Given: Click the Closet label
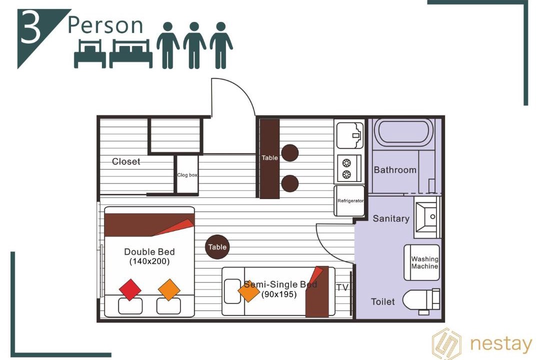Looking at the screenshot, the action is click(x=126, y=161).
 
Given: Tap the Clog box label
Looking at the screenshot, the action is click(x=187, y=175).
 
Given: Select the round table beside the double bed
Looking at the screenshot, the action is click(x=217, y=246).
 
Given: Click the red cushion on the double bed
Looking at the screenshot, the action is click(x=130, y=289).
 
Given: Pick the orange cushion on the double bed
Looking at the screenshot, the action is click(x=169, y=289).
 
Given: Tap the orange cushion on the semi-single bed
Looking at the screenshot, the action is click(x=248, y=291).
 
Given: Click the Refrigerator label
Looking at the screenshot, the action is click(x=350, y=201).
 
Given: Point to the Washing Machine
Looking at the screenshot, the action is click(x=422, y=262).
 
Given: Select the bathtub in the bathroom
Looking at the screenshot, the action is click(x=403, y=132).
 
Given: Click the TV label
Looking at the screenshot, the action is click(x=342, y=287).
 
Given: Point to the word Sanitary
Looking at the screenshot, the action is click(x=391, y=218).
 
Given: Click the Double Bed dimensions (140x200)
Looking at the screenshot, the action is click(x=149, y=261).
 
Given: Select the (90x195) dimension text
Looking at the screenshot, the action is click(x=279, y=294).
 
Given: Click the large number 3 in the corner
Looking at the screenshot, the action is click(x=30, y=26).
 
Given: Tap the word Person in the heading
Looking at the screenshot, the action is click(x=105, y=25).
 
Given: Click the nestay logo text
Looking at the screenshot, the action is click(x=501, y=344).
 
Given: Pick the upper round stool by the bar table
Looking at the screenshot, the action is click(x=290, y=153).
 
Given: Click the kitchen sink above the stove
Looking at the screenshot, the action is click(x=350, y=135).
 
